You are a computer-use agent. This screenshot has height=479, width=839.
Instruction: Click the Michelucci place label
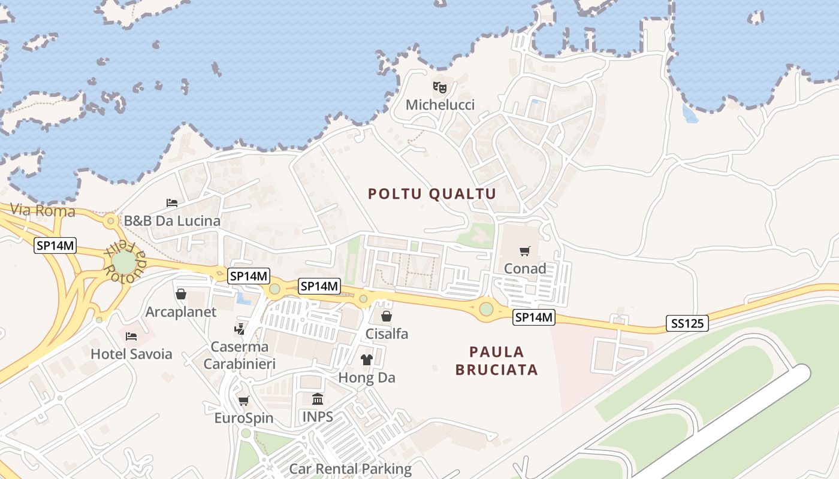[x=440, y=105]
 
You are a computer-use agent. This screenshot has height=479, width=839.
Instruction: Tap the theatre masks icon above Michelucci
[x=440, y=87]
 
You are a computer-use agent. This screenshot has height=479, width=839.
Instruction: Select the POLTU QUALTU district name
[x=432, y=193]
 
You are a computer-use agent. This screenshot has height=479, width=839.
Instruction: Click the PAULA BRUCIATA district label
[x=496, y=360]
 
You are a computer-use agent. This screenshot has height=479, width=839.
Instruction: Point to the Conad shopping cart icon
[x=525, y=251]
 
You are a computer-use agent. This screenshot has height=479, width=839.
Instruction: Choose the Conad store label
[x=525, y=268]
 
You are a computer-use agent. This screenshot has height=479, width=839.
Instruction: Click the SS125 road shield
[x=687, y=324]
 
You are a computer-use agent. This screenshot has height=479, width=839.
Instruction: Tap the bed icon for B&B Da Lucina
[x=172, y=203]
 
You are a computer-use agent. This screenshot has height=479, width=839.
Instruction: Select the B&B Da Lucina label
[x=172, y=221]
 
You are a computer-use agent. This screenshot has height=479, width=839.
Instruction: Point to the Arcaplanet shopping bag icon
[x=181, y=294]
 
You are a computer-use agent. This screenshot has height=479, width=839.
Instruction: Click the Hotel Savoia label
[x=131, y=354]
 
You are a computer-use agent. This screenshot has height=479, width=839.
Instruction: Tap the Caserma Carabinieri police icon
[x=240, y=329]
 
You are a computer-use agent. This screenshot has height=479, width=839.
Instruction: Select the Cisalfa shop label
[x=387, y=334]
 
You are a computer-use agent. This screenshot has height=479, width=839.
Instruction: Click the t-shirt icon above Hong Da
[x=367, y=360]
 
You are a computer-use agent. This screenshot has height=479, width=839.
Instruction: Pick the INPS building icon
[x=318, y=399]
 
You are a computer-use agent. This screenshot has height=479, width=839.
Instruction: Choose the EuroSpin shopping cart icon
[x=243, y=401]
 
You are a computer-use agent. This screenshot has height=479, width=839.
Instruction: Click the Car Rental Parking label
[x=351, y=468]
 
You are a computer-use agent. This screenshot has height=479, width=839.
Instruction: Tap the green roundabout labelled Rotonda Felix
[x=124, y=262]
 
